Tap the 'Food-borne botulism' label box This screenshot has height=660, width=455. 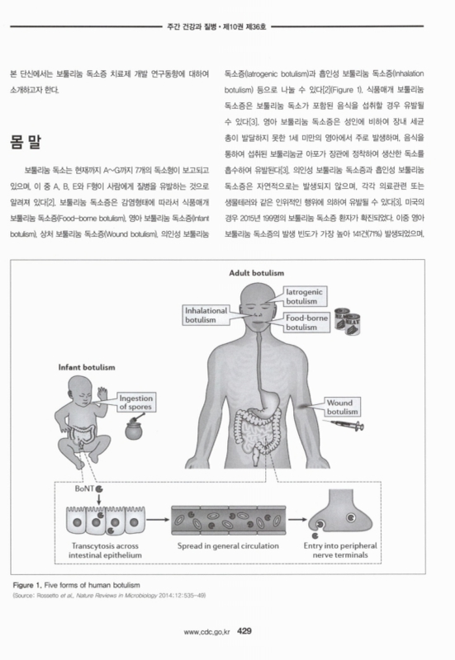click(308, 322)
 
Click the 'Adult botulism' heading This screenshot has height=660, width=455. click(262, 272)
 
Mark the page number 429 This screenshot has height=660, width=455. click(249, 632)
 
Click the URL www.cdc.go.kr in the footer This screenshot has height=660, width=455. click(207, 633)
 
